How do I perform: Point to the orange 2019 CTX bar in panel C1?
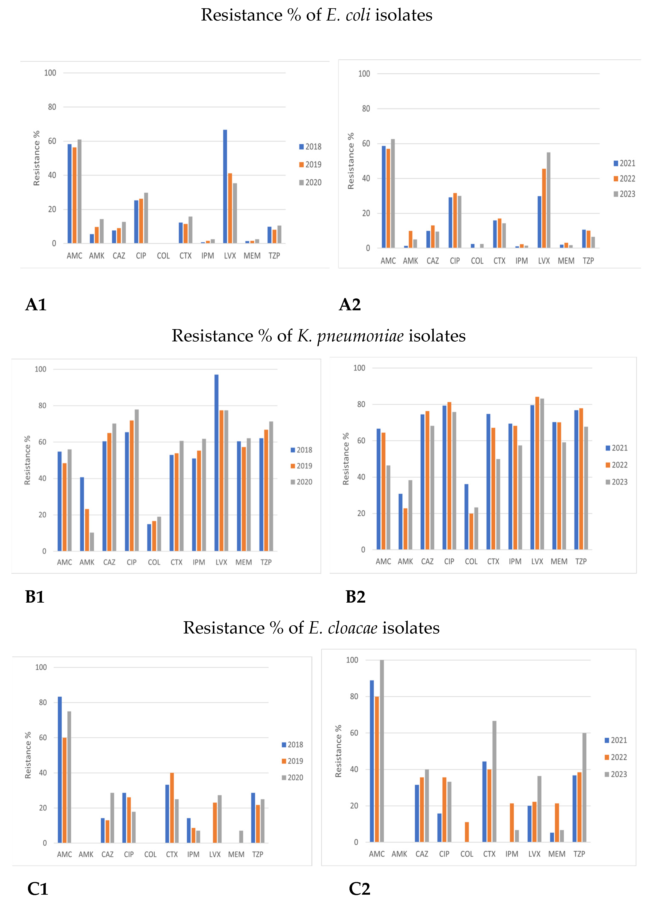click(172, 807)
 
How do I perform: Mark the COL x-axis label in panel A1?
click(163, 256)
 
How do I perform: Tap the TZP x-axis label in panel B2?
click(581, 561)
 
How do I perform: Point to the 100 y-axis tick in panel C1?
click(41, 667)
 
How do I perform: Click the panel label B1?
click(35, 597)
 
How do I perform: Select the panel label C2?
click(359, 889)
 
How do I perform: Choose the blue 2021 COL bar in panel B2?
click(466, 517)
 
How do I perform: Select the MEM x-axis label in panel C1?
click(236, 854)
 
